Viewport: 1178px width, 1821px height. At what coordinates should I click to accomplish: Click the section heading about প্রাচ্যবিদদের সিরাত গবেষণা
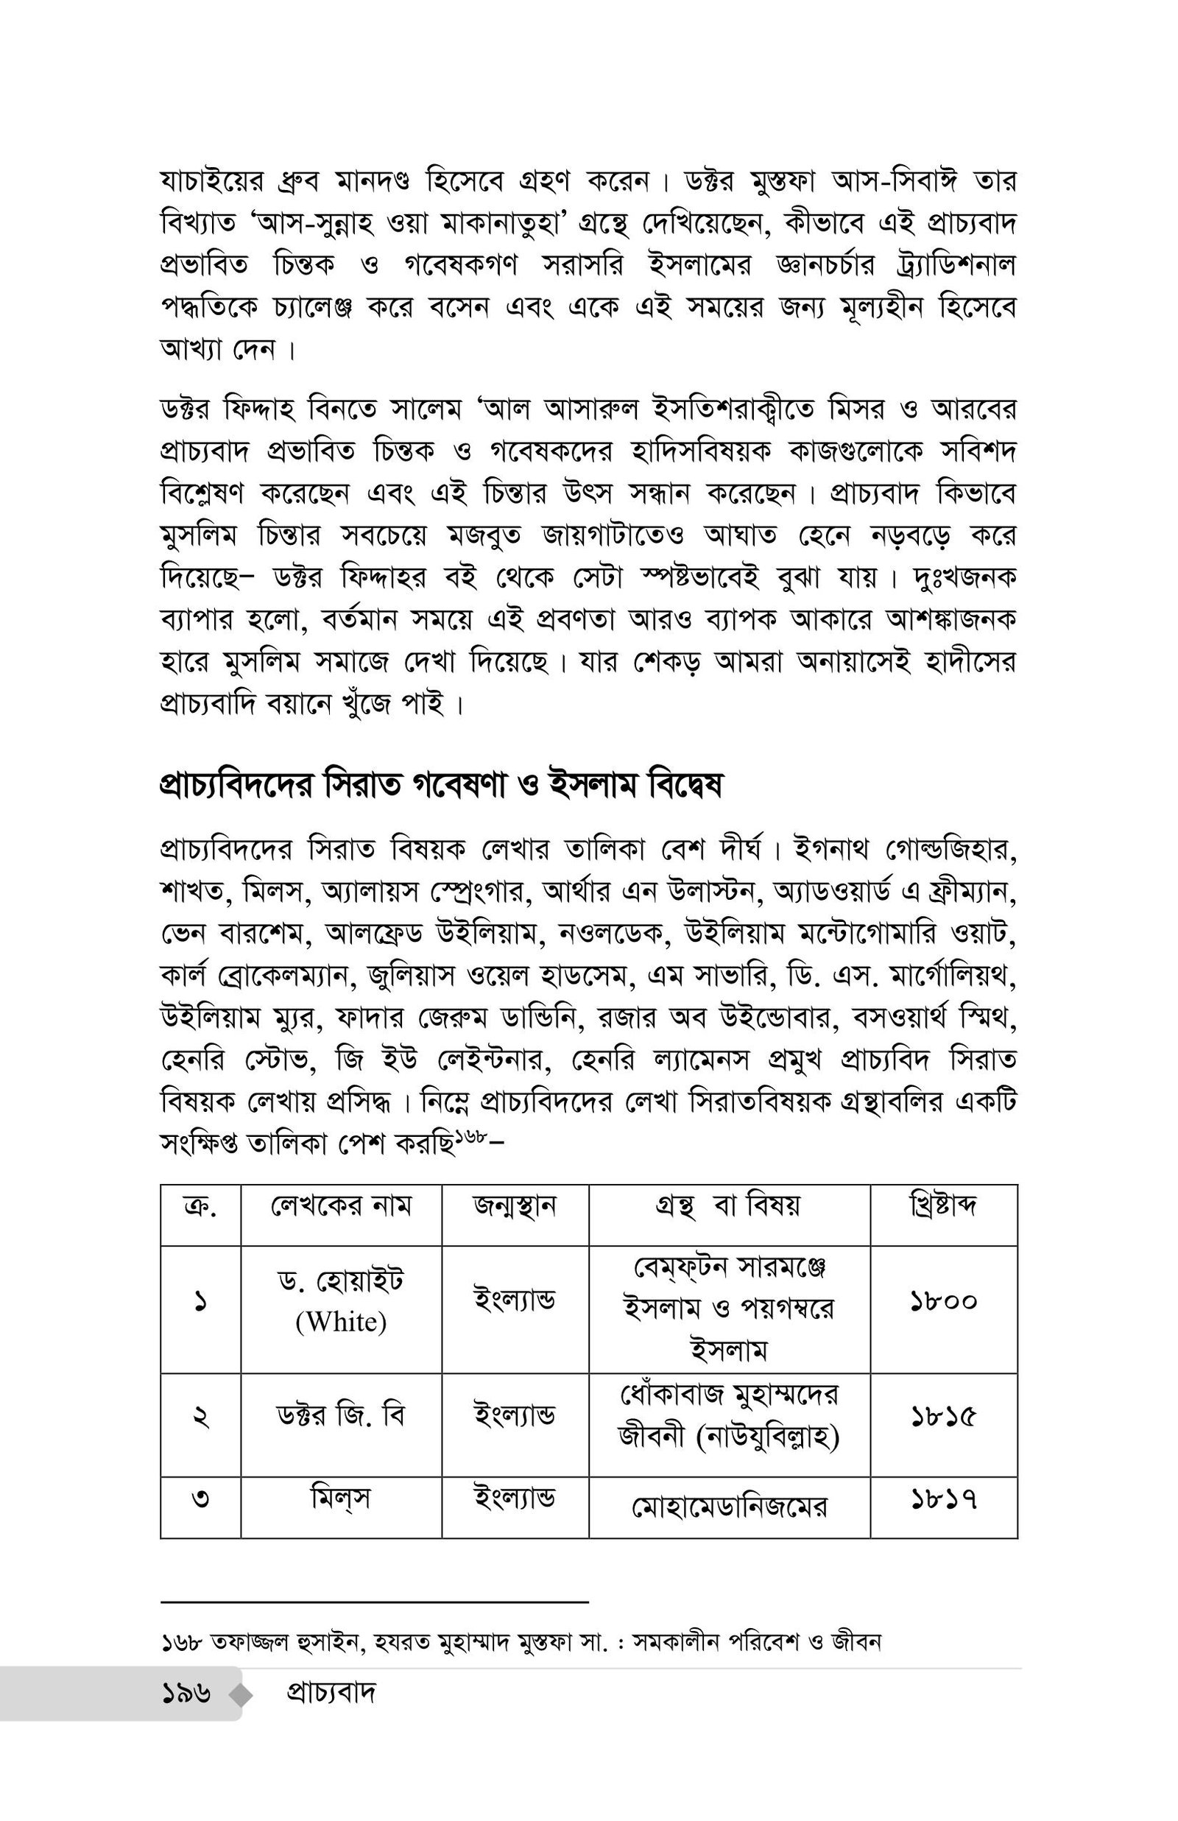[x=440, y=786]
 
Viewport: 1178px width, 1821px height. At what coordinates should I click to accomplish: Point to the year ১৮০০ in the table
[x=943, y=1300]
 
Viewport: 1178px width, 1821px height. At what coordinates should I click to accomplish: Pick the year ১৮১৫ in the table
[x=943, y=1417]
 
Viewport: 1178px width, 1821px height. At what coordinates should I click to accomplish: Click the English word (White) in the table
[x=341, y=1321]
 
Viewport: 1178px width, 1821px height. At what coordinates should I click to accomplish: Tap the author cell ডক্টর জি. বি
[x=341, y=1416]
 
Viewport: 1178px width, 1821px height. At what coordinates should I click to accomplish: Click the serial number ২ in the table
[x=200, y=1417]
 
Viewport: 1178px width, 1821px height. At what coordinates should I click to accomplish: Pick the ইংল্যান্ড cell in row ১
[x=515, y=1299]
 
